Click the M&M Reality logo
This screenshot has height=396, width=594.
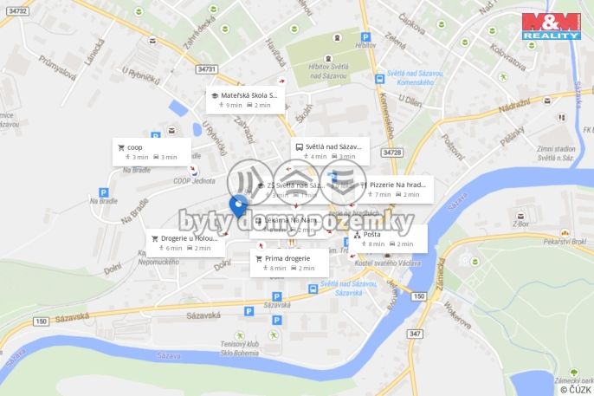(551, 25)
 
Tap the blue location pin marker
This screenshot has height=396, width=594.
(238, 206)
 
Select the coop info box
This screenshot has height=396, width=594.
(152, 152)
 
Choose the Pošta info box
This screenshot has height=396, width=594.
(389, 238)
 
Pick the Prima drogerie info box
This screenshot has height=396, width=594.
(289, 263)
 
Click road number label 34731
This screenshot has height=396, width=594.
(207, 68)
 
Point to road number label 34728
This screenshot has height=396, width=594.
(391, 153)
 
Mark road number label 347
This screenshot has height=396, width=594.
(415, 334)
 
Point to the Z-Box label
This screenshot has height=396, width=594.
(520, 223)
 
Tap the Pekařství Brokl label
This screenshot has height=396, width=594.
(567, 243)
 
